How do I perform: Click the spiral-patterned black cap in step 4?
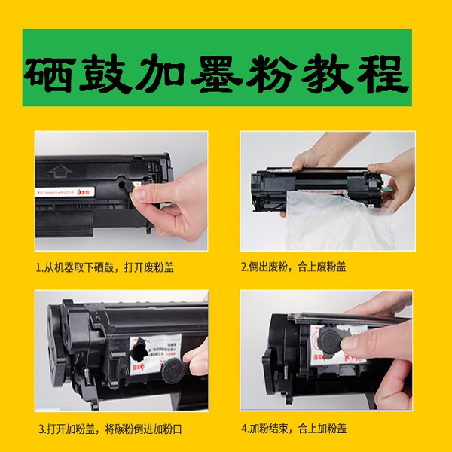(331, 339)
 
